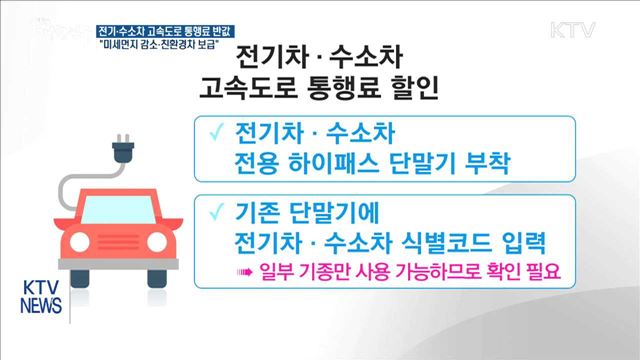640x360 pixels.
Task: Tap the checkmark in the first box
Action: (x=212, y=134)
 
